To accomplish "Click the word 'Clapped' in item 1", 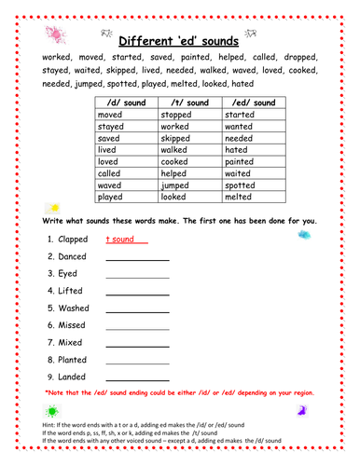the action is (x=74, y=240).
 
